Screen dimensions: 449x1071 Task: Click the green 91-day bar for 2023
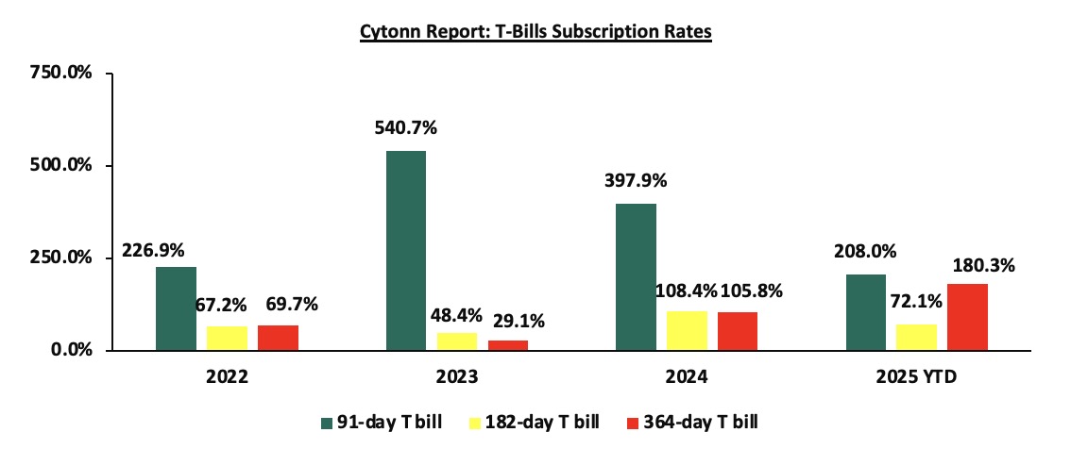coord(406,251)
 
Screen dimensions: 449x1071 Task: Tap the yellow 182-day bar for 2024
coord(688,330)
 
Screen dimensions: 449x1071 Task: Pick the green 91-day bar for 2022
coord(177,308)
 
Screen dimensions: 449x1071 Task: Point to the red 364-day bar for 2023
coord(509,345)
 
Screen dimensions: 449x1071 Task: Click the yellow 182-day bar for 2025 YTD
coord(915,337)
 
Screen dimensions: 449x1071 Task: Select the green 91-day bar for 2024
coord(637,277)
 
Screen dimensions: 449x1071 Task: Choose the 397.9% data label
coord(636,181)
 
